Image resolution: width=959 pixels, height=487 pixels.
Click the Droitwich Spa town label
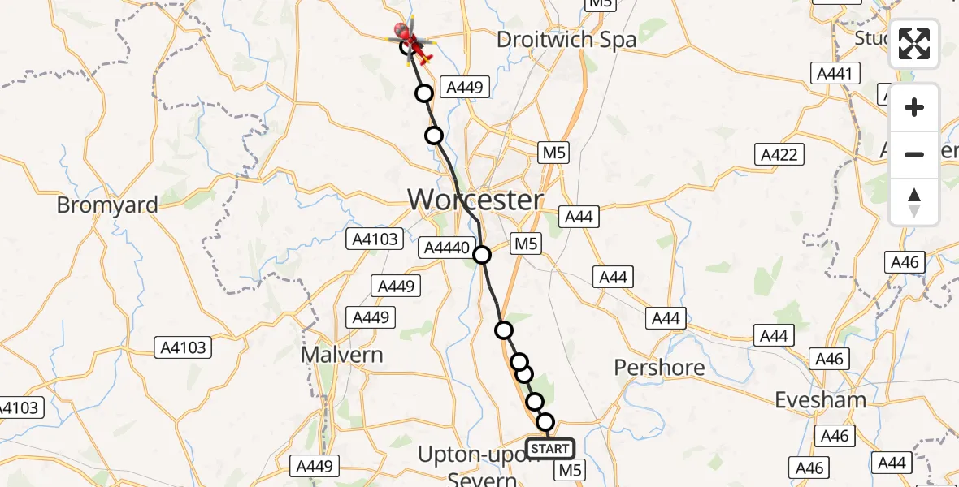click(566, 39)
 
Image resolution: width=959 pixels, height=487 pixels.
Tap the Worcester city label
click(475, 200)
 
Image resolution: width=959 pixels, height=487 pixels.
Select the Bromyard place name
click(107, 205)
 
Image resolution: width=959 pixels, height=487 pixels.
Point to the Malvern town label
click(341, 355)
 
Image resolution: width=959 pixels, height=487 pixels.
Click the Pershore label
click(659, 368)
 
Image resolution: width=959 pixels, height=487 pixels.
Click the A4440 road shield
click(446, 248)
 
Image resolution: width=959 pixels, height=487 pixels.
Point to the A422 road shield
click(779, 154)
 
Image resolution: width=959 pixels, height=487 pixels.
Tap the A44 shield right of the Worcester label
click(579, 217)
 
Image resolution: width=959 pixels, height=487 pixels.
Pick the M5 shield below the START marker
click(571, 470)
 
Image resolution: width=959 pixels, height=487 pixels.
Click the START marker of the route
click(550, 448)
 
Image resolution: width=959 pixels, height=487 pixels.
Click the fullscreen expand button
click(914, 44)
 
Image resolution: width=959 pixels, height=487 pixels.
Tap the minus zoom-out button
click(914, 154)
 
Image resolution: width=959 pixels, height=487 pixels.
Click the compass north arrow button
click(914, 201)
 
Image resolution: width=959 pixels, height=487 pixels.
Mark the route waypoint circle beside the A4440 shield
click(482, 255)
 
